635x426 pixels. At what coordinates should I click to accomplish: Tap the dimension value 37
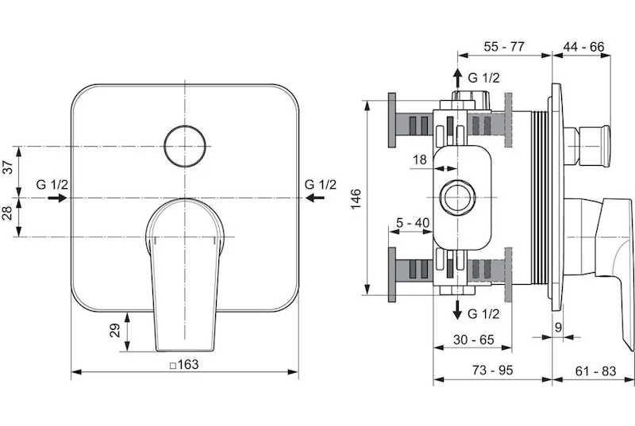coord(8,167)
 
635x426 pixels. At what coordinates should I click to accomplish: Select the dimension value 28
coord(8,213)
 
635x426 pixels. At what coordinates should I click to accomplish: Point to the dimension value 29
coord(116,331)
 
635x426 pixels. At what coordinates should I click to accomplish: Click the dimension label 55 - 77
coord(504,47)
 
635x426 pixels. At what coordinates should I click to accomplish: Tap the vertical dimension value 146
coord(356,199)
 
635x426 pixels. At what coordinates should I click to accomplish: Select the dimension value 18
coord(420,159)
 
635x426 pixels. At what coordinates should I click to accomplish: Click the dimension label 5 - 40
coord(413,223)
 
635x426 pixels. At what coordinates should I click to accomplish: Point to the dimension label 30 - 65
coord(474,340)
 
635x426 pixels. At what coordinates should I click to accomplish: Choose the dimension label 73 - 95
coord(492,370)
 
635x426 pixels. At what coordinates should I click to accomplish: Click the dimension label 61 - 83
coord(595,370)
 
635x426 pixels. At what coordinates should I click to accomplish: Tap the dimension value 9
coord(559,327)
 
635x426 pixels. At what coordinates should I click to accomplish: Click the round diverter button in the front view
coord(185,146)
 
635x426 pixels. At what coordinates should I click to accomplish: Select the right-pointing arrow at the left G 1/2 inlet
coord(57,198)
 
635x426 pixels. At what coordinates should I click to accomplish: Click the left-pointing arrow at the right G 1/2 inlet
coord(315,198)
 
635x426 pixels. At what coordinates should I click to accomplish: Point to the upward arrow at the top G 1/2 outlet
coord(458,79)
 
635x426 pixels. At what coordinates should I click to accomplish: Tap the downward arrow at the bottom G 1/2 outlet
coord(458,310)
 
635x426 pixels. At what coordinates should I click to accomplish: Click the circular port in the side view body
coord(458,198)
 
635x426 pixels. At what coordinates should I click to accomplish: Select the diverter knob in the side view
coord(587,146)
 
